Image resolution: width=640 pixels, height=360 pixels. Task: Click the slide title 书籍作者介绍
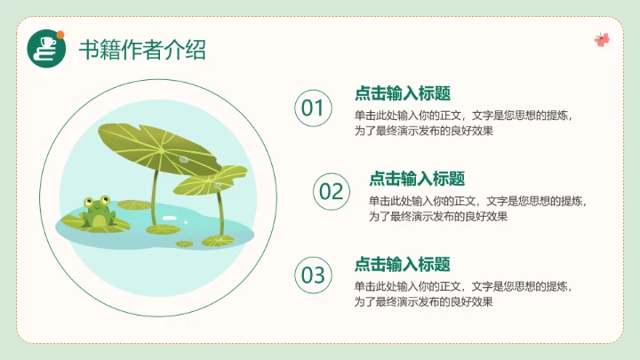pos(142,49)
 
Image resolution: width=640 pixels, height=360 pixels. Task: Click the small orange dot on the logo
pos(60,35)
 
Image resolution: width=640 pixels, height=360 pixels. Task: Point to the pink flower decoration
pos(602,39)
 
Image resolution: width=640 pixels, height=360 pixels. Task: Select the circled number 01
pos(313,108)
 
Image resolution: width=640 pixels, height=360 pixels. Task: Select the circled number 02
pos(331,191)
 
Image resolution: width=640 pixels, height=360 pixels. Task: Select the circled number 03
pos(313,275)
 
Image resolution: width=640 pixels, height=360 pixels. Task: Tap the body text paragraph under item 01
pos(463,123)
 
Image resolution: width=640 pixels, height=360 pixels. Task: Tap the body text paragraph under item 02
pos(477,209)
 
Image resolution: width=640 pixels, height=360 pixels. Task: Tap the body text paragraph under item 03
pos(463,294)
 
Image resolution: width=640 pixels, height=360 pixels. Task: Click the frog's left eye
pos(88,202)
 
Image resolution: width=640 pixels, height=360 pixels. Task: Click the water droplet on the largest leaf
pos(183,159)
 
